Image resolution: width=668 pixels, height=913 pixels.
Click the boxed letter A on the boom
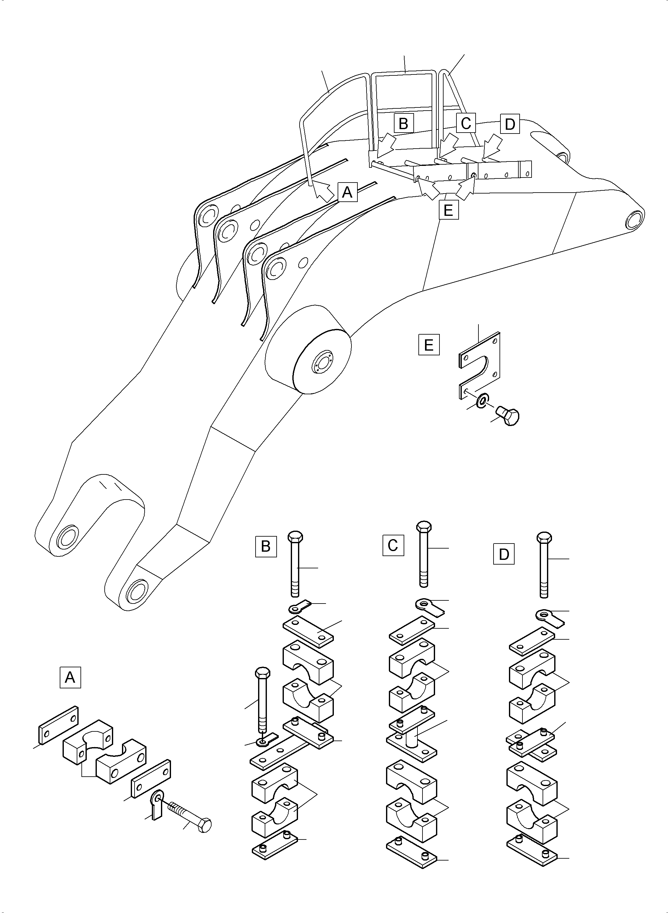click(347, 192)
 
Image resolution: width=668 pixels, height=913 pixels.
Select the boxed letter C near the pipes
click(466, 123)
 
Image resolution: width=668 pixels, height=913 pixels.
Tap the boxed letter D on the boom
click(510, 124)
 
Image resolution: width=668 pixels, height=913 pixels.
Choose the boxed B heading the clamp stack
click(266, 546)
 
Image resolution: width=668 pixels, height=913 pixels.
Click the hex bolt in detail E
click(508, 416)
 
